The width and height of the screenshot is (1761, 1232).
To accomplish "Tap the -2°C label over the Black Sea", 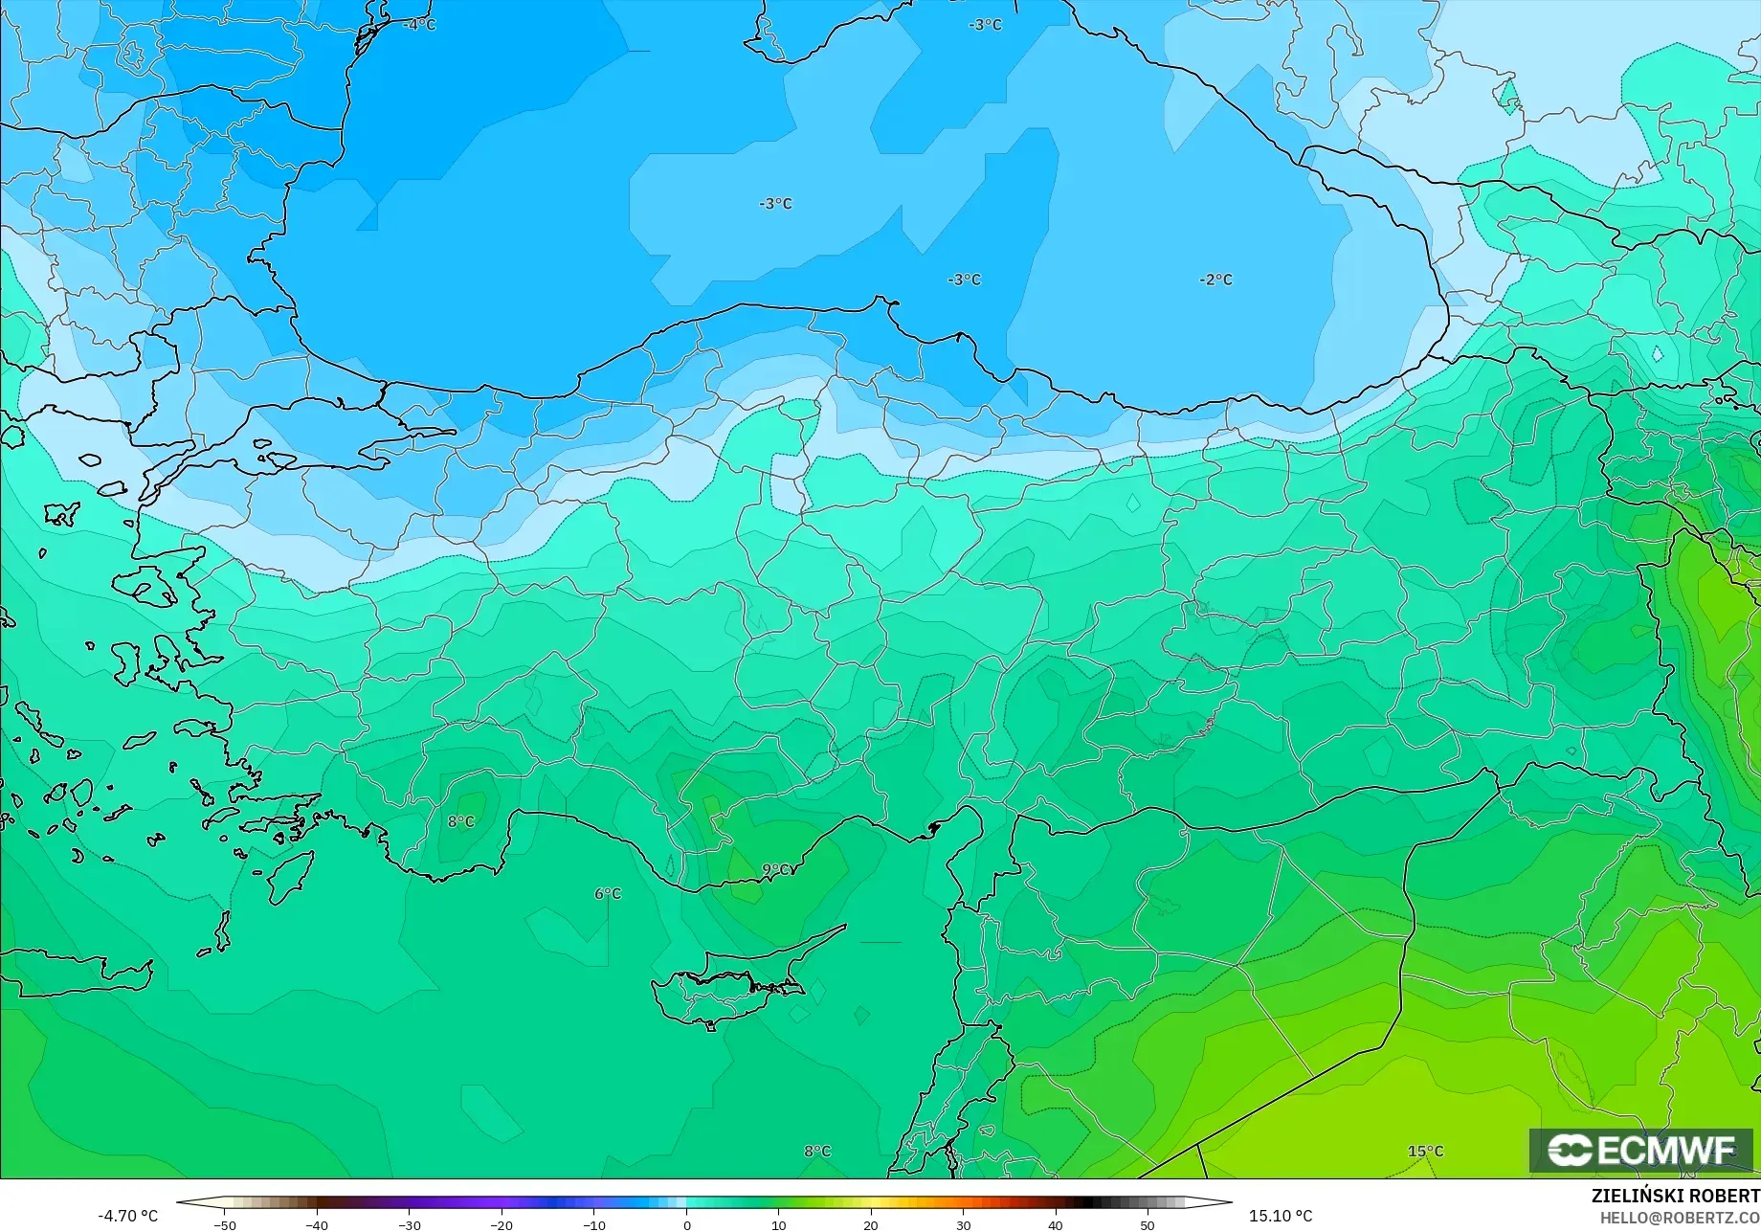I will pos(1215,280).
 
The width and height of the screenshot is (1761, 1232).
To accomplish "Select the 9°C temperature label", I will pos(776,869).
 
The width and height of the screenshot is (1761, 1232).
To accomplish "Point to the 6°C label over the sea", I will pos(608,893).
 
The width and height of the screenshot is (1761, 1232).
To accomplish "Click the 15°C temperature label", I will pos(1425,1151).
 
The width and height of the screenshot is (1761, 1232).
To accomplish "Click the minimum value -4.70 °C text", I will pos(127,1216).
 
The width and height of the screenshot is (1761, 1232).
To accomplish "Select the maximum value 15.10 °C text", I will pos(1281,1216).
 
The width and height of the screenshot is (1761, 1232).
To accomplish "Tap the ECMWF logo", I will pos(1642,1151).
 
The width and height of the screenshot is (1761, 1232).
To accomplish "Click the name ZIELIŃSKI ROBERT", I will pos(1675,1196).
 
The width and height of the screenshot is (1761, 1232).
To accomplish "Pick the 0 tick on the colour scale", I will pos(686,1224).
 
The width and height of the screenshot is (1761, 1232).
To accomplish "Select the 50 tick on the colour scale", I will pos(1148,1224).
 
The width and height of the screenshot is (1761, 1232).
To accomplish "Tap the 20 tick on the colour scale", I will pos(871,1224).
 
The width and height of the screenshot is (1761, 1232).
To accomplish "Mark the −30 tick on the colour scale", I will pos(409,1224).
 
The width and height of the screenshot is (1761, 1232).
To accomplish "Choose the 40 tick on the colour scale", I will pos(1056,1224).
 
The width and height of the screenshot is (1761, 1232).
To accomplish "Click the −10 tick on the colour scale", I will pos(593,1224).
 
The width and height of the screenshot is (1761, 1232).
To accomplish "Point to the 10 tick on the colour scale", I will pos(778,1224).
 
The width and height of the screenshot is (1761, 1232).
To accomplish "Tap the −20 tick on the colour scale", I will pos(502,1224).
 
